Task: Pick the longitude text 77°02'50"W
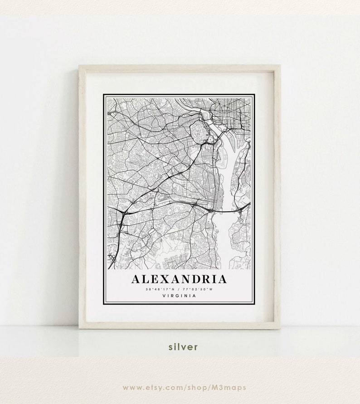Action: [x=200, y=289]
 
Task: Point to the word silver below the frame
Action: [x=183, y=347]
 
